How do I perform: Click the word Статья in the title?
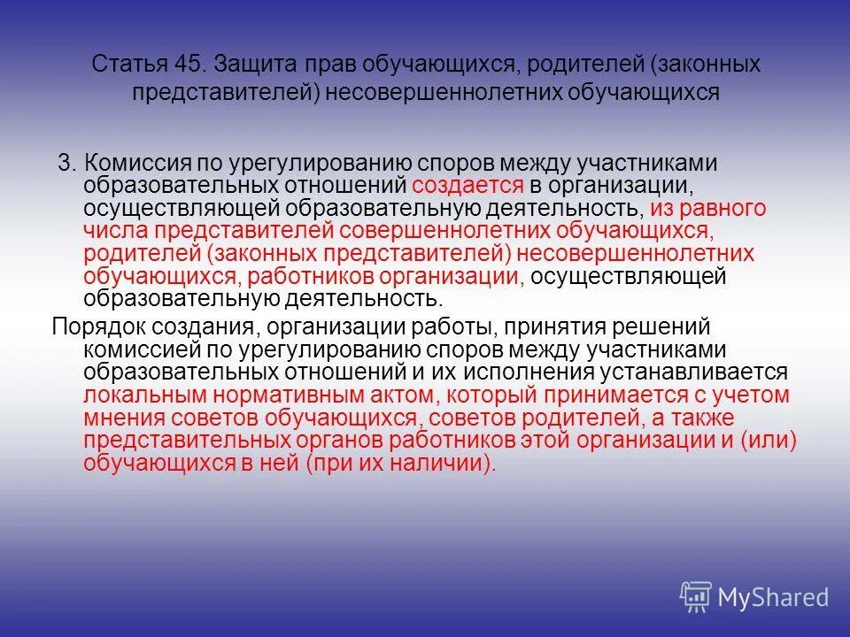click(125, 65)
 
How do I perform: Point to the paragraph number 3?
click(65, 164)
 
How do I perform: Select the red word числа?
click(116, 232)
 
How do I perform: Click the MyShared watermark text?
click(773, 597)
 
